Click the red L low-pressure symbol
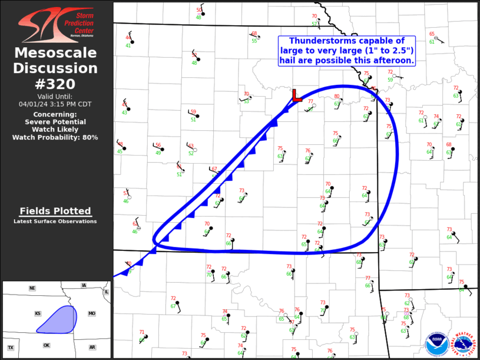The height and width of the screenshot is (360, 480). pos(296,95)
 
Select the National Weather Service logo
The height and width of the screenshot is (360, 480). pos(464,342)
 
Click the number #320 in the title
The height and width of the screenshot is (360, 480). pos(55,84)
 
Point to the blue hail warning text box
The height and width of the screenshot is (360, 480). pos(346,50)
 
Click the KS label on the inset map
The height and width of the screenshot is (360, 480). pos(37,314)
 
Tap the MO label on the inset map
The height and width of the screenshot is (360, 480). pos(92,313)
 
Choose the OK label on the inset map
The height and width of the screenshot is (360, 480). pos(47,345)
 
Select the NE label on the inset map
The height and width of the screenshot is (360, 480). pos(32,288)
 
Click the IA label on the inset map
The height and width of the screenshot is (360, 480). pos(84,286)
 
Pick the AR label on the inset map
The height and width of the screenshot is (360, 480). pos(92,348)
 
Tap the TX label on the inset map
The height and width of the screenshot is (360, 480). pos(11,348)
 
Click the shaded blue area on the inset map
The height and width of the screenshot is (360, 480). pos(59,318)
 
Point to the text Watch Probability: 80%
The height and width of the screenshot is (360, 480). pos(55,137)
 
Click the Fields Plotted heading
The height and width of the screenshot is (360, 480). pos(55,211)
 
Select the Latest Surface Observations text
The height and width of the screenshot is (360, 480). pos(55,222)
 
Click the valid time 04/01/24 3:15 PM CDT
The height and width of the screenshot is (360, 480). pos(55,104)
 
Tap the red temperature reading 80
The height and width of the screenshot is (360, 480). pos(337,97)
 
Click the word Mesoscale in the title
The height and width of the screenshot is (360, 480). pos(55,53)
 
